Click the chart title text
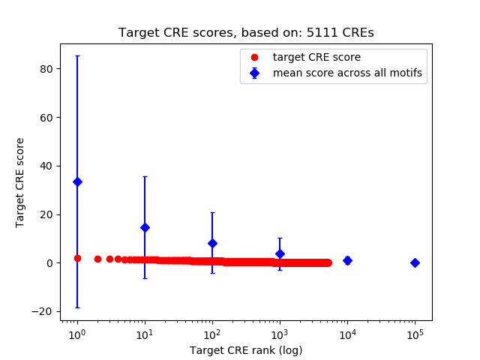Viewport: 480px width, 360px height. pyautogui.click(x=246, y=33)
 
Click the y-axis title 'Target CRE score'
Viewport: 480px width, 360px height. pyautogui.click(x=20, y=182)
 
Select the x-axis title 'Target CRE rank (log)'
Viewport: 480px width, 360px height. pyautogui.click(x=246, y=350)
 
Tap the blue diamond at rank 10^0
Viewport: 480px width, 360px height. pyautogui.click(x=77, y=181)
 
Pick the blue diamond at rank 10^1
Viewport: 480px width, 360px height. pyautogui.click(x=145, y=227)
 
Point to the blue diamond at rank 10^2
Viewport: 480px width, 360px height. pyautogui.click(x=212, y=243)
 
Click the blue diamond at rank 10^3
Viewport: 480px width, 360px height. pyautogui.click(x=280, y=253)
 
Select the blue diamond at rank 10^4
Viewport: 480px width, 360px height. pyautogui.click(x=347, y=260)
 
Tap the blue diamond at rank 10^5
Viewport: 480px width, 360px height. pyautogui.click(x=415, y=262)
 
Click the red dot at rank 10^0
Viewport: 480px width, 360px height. pyautogui.click(x=77, y=258)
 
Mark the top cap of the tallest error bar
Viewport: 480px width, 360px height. pyautogui.click(x=77, y=56)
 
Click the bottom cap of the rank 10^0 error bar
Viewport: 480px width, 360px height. pyautogui.click(x=77, y=307)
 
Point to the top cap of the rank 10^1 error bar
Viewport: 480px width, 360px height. pyautogui.click(x=145, y=176)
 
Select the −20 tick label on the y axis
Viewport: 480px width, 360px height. pyautogui.click(x=46, y=311)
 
